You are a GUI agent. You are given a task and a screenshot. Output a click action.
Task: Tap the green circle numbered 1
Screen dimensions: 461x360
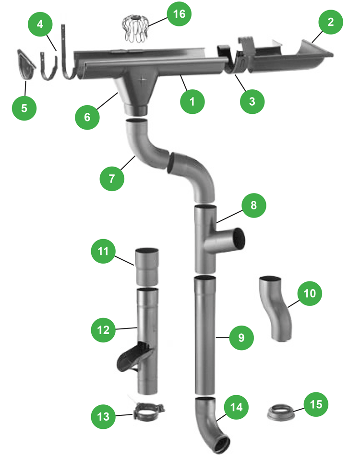[x=192, y=101]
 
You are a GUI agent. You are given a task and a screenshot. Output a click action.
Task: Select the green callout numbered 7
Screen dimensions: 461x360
[x=111, y=179]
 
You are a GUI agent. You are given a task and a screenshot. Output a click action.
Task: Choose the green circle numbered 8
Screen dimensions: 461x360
[x=254, y=205]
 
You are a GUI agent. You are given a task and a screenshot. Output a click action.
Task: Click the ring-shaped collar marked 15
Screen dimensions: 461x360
[x=280, y=412]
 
